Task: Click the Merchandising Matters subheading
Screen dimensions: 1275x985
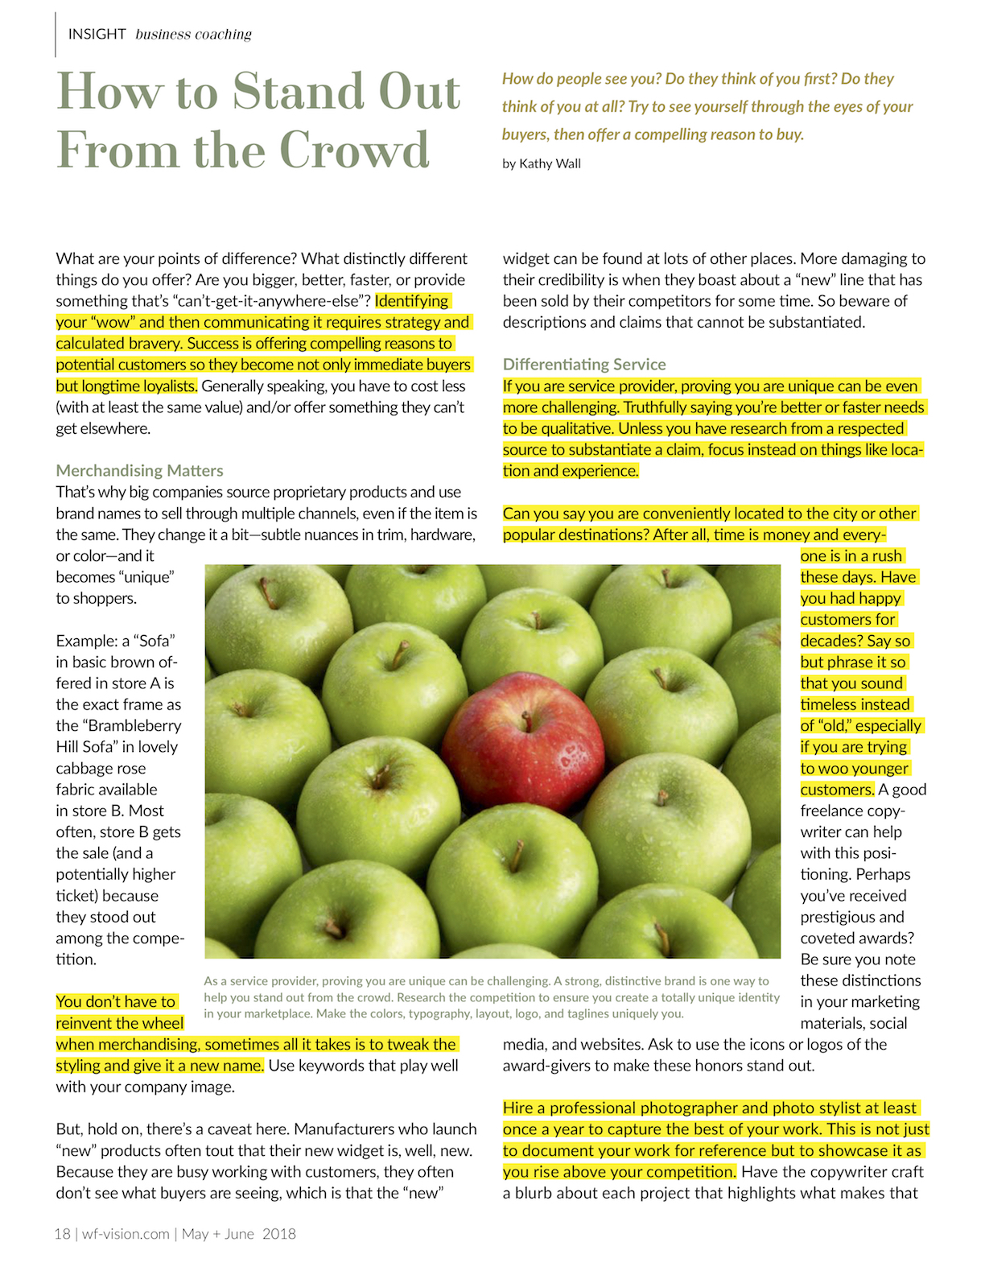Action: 139,471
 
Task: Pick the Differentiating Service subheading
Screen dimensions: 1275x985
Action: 584,365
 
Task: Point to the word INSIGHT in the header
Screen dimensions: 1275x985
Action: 97,34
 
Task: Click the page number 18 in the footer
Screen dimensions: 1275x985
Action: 62,1234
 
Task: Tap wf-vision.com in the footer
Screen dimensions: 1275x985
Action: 126,1234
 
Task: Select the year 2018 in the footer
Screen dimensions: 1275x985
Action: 279,1234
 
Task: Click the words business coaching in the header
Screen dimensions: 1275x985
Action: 193,34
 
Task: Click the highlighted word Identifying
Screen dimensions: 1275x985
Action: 412,301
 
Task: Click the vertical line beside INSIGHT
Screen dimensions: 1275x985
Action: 56,34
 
